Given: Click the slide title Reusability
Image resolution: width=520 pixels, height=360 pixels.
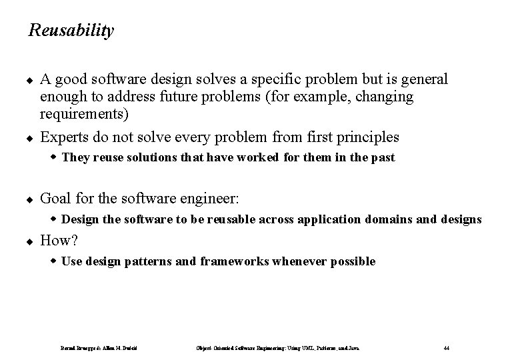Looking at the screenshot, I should click(71, 31).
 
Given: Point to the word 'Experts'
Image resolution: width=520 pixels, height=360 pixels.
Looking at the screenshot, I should click(65, 137).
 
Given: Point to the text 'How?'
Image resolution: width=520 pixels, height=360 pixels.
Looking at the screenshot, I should click(59, 241).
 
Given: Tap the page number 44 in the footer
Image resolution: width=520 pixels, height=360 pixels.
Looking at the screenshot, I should click(446, 347).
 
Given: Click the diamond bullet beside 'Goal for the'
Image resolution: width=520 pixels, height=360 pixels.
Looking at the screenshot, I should click(31, 199).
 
